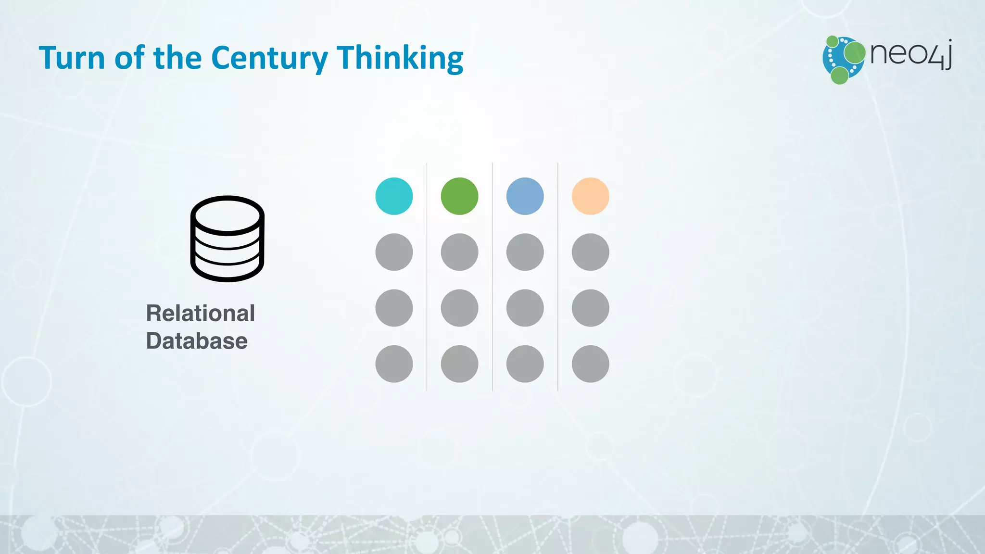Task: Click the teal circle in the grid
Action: coord(394,196)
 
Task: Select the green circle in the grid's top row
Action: coord(459,196)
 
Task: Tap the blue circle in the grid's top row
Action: coord(525,196)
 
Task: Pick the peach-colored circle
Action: coord(590,196)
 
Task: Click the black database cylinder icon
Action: coord(227,239)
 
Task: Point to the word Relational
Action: coord(200,314)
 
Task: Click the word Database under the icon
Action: coord(197,341)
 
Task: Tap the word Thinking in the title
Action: coord(400,58)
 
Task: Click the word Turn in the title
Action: coord(72,58)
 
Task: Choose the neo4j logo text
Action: coord(910,54)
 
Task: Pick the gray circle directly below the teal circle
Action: coord(394,252)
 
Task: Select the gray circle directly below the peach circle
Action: coord(590,252)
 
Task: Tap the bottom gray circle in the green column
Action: coord(459,364)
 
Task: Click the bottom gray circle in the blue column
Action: coord(525,364)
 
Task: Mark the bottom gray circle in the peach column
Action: coord(590,364)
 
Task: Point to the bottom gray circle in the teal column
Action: coord(394,364)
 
